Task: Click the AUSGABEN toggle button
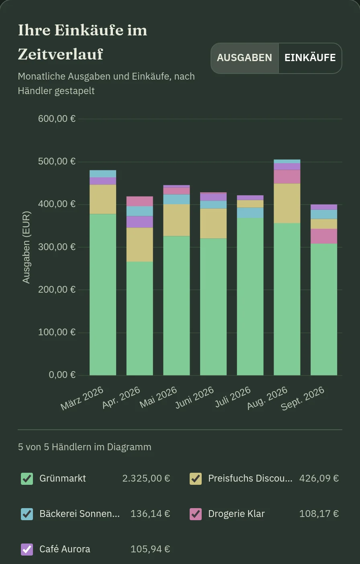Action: [x=245, y=58]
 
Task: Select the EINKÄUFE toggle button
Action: [x=310, y=58]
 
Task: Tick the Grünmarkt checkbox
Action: [x=27, y=479]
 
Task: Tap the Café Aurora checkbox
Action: [x=27, y=550]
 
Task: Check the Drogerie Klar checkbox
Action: [x=196, y=514]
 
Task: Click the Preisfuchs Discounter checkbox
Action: [x=196, y=479]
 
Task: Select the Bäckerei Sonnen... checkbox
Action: [x=27, y=514]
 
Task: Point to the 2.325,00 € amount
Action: [x=146, y=478]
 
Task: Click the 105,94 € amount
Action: [x=150, y=549]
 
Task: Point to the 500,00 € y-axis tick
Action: [x=57, y=161]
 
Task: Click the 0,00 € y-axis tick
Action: [x=62, y=375]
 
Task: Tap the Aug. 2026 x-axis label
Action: [x=267, y=398]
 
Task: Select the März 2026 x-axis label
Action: [x=82, y=398]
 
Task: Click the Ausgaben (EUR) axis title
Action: [x=26, y=248]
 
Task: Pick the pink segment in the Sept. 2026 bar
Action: [x=324, y=236]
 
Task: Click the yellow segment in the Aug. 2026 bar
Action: [x=287, y=203]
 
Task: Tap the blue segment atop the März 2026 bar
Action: [x=103, y=174]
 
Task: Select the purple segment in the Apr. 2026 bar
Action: [x=140, y=222]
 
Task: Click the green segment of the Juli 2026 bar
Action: [x=250, y=297]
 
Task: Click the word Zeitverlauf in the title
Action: [x=60, y=54]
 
